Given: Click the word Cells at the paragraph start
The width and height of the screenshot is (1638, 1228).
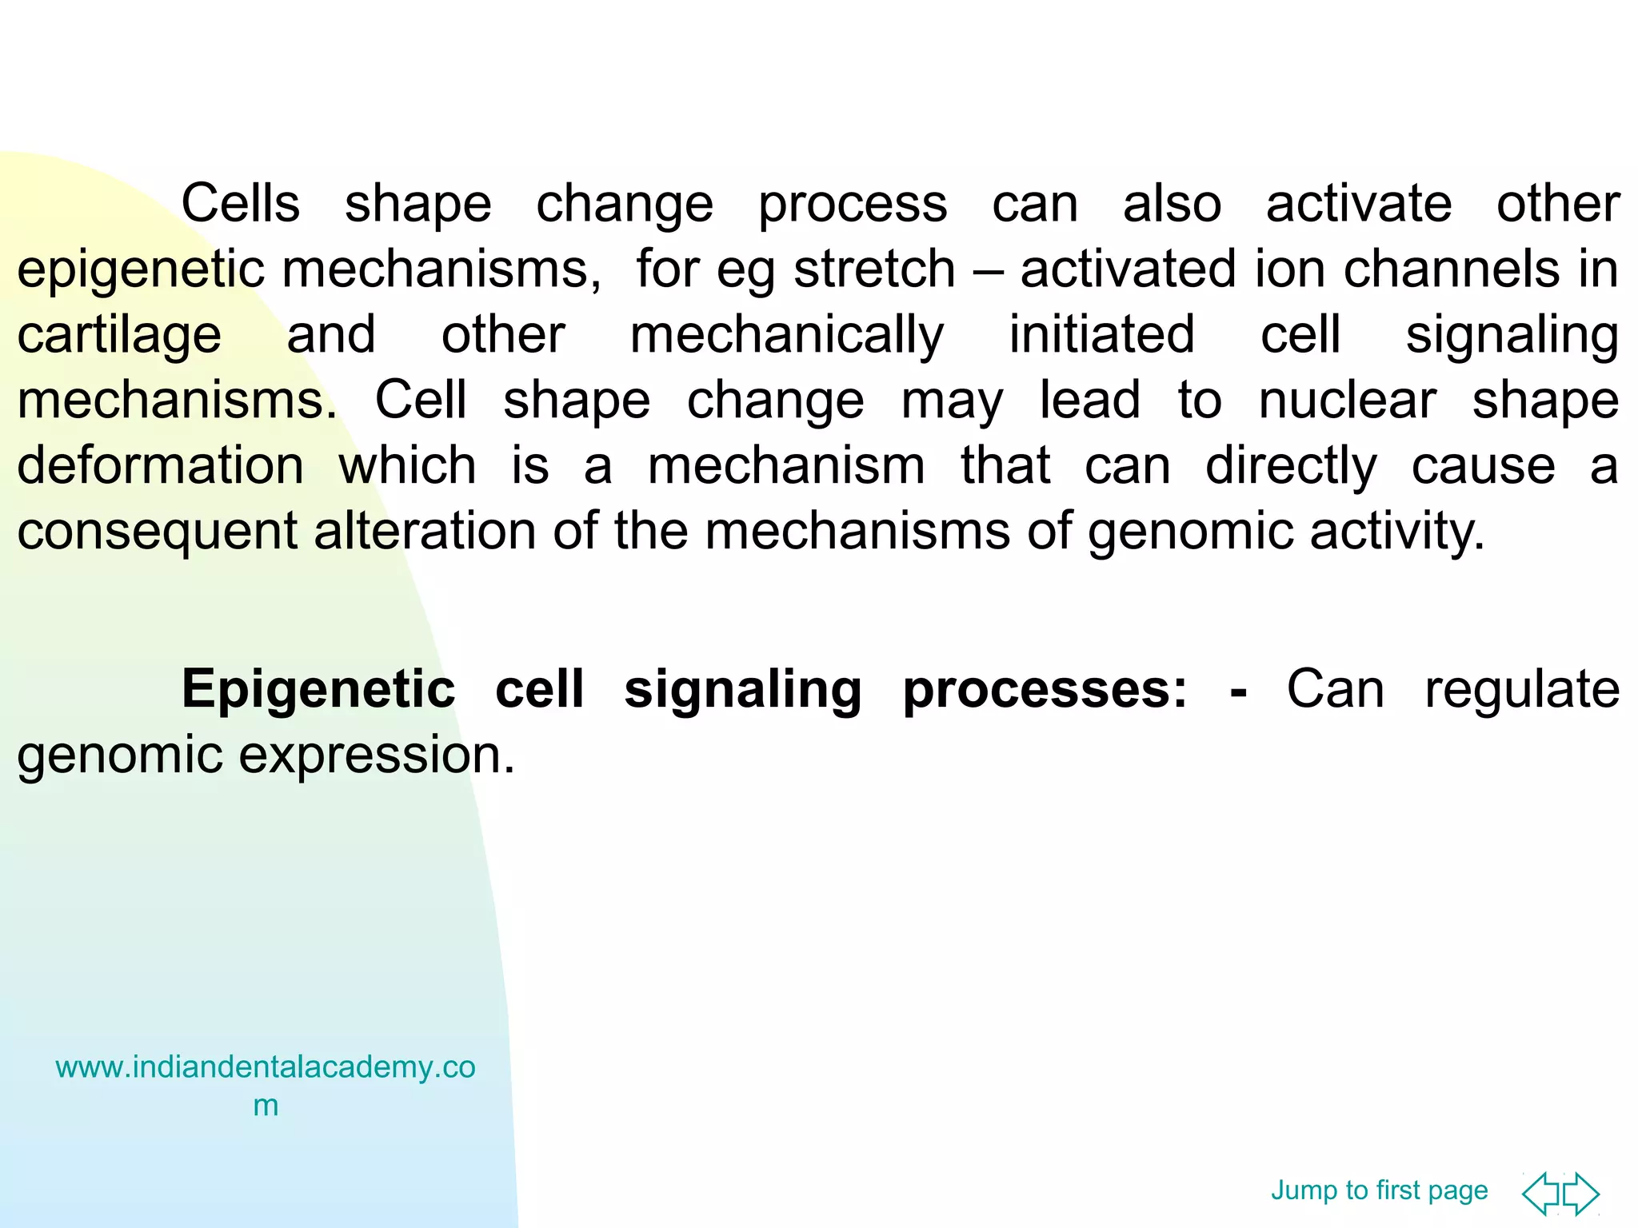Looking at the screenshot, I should coord(240,204).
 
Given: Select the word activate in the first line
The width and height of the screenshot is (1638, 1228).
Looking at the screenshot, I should coord(1358,204).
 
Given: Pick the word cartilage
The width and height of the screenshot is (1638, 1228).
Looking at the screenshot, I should coord(119,336).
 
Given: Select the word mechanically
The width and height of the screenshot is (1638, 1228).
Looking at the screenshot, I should coord(787,336).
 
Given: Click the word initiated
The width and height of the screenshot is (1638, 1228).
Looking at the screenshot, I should coord(1101,335).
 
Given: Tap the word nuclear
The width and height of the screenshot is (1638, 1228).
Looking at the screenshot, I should coord(1347,401).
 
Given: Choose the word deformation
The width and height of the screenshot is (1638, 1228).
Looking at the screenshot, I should coord(160,466).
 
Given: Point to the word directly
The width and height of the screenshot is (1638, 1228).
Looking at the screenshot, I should coord(1291,467).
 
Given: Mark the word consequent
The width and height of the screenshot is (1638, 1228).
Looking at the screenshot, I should coord(158,532).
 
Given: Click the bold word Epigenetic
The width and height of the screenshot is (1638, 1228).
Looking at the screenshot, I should coord(318,689).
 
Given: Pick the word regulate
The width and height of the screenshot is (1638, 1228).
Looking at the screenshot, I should coord(1521,690).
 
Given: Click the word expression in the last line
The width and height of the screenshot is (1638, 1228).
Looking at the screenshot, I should coord(376,756).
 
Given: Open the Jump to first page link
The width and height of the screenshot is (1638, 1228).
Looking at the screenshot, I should coord(1379,1190).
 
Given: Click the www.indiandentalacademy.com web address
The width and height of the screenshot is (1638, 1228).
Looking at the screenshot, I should coord(266,1068).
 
